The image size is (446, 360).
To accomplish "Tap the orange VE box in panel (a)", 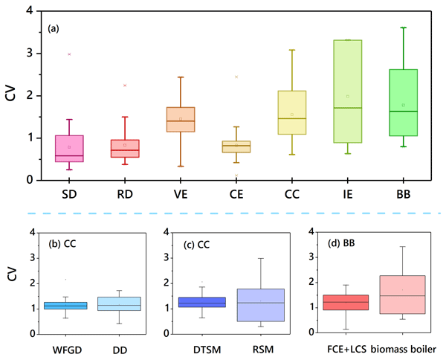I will point(180,120).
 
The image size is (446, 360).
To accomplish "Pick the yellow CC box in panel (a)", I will point(292,113).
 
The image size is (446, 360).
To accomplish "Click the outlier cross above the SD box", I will point(69,54).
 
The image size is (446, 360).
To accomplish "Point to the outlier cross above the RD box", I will point(125,86).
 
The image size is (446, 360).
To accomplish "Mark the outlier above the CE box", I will point(236,77).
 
